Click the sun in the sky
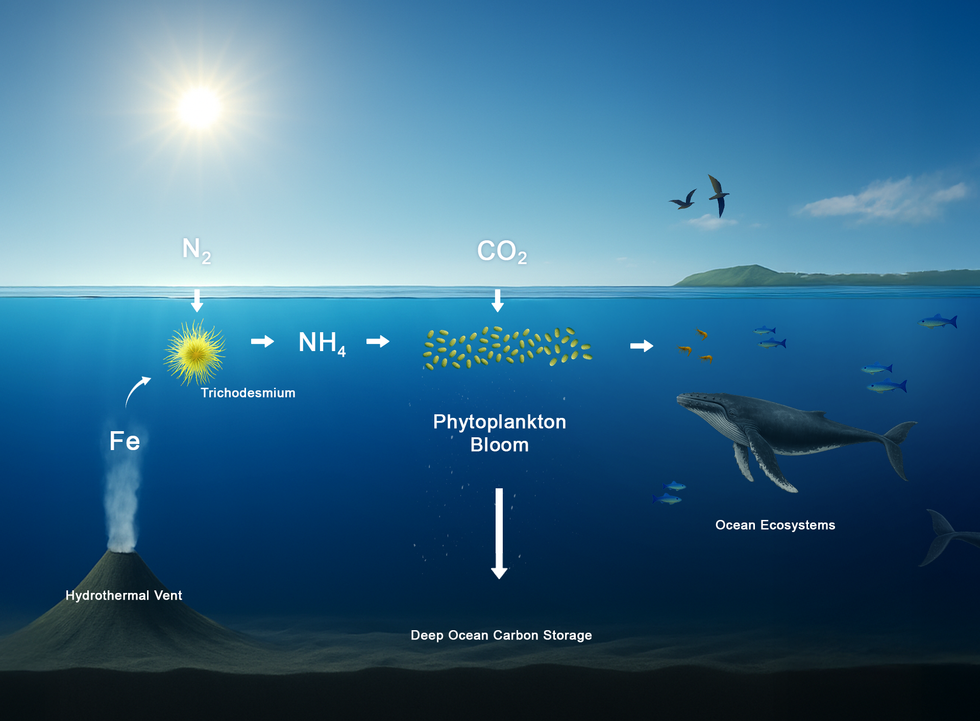[x=199, y=108]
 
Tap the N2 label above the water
[x=197, y=250]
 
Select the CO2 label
[x=501, y=251]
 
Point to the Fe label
[x=125, y=441]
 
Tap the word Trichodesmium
[x=248, y=393]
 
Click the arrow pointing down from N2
[x=197, y=301]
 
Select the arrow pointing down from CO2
[x=498, y=301]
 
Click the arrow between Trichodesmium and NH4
[x=262, y=341]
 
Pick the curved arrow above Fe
[x=137, y=390]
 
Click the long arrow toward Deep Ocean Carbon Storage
[x=499, y=533]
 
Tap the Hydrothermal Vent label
[x=124, y=595]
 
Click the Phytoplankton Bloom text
[x=499, y=433]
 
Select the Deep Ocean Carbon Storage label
[x=501, y=635]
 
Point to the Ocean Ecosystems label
[x=775, y=525]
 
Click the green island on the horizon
[x=755, y=276]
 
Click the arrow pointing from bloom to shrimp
[x=642, y=346]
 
